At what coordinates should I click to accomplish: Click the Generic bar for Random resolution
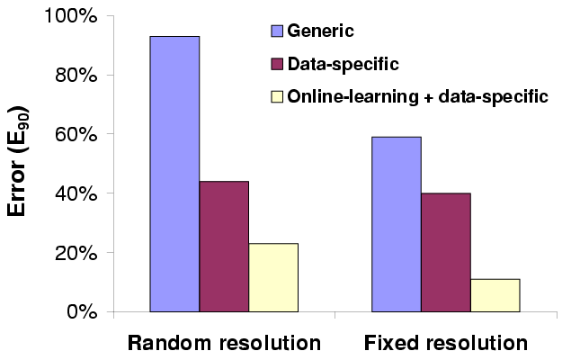[x=174, y=175]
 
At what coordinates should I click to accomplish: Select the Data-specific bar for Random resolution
[x=224, y=247]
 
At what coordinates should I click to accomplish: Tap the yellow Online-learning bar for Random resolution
[x=273, y=277]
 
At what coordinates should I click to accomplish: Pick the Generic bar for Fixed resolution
[x=397, y=224]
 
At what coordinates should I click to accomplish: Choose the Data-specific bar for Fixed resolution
[x=446, y=252]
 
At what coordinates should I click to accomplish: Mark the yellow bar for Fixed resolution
[x=495, y=295]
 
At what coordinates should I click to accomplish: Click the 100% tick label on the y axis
[x=73, y=16]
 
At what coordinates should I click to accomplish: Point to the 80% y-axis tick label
[x=77, y=76]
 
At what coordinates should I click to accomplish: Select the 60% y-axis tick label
[x=77, y=134]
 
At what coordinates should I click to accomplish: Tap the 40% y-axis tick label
[x=77, y=193]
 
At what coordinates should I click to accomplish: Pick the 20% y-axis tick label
[x=77, y=253]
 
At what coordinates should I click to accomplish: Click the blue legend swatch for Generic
[x=277, y=32]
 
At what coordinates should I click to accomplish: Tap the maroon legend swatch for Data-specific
[x=277, y=64]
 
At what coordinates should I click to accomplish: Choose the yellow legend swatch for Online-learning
[x=277, y=95]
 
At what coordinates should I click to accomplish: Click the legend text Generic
[x=319, y=32]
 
